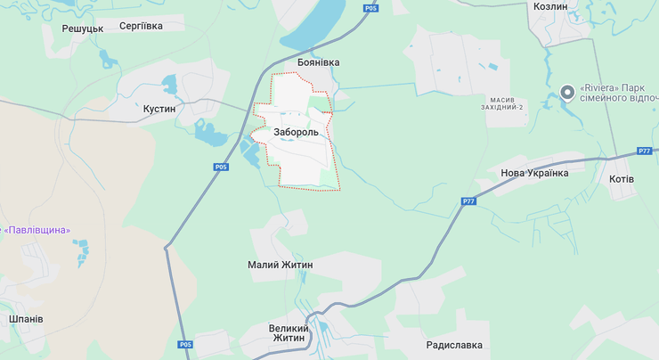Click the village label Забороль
pos(297,132)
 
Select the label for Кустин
pos(159,109)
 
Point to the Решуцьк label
pos(83,29)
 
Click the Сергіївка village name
pos(141,26)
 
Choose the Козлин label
pos(549,5)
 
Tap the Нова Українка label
pos(534,173)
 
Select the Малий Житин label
pos(280,266)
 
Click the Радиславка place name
pos(454,345)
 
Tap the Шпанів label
pos(26,319)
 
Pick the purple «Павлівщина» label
pos(37,230)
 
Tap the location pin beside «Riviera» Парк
pos(567,92)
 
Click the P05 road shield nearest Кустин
pos(222,167)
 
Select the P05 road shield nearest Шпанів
pos(184,345)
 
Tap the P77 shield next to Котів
pos(645,151)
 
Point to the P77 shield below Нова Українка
pos(468,201)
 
